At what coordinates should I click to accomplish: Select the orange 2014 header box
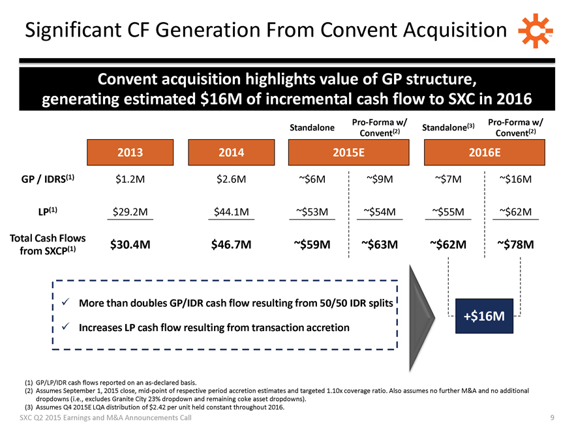click(230, 152)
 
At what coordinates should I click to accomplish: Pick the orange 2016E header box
click(485, 152)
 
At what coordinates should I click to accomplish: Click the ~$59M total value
click(311, 244)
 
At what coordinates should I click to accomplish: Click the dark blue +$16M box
click(483, 316)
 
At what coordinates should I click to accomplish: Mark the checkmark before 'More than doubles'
click(65, 303)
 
